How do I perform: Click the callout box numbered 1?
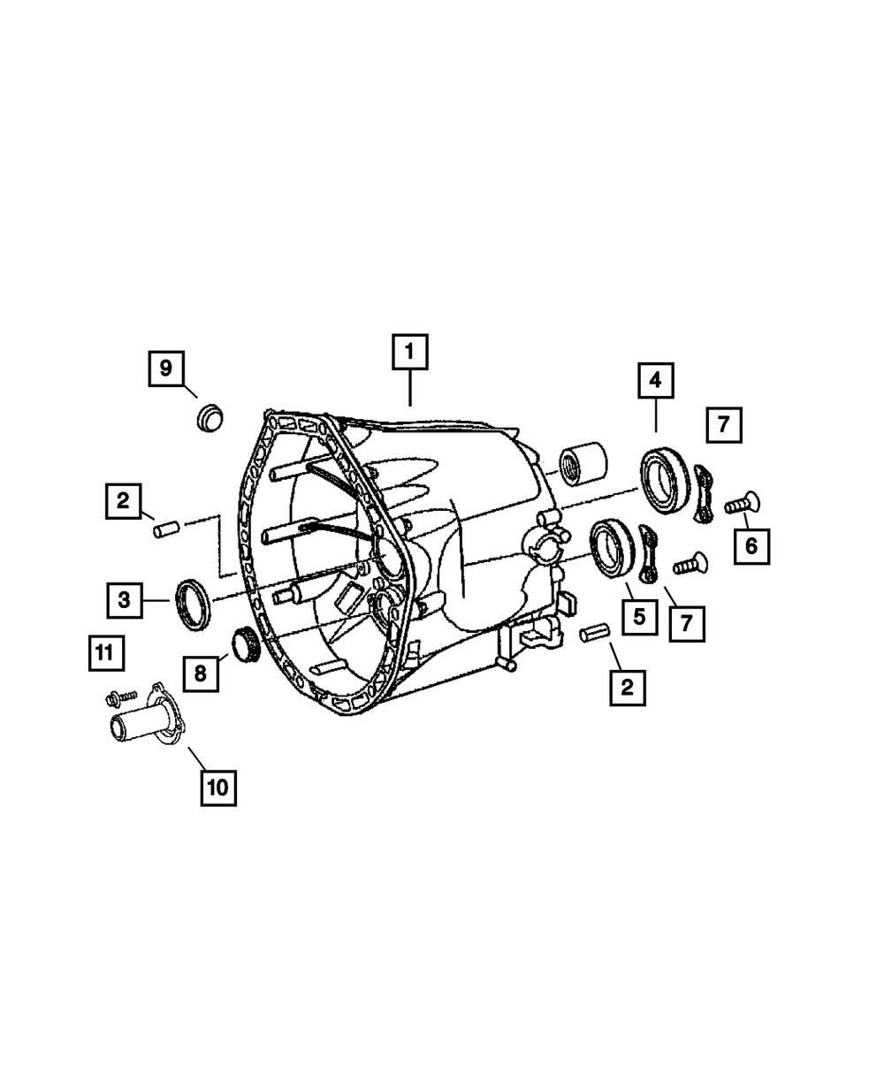[409, 352]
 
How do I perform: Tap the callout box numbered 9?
[166, 369]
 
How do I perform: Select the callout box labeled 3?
[125, 600]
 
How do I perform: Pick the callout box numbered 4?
[656, 380]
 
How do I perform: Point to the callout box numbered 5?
[639, 617]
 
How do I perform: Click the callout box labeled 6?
[751, 546]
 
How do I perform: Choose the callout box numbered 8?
[201, 673]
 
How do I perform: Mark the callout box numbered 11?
[106, 653]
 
